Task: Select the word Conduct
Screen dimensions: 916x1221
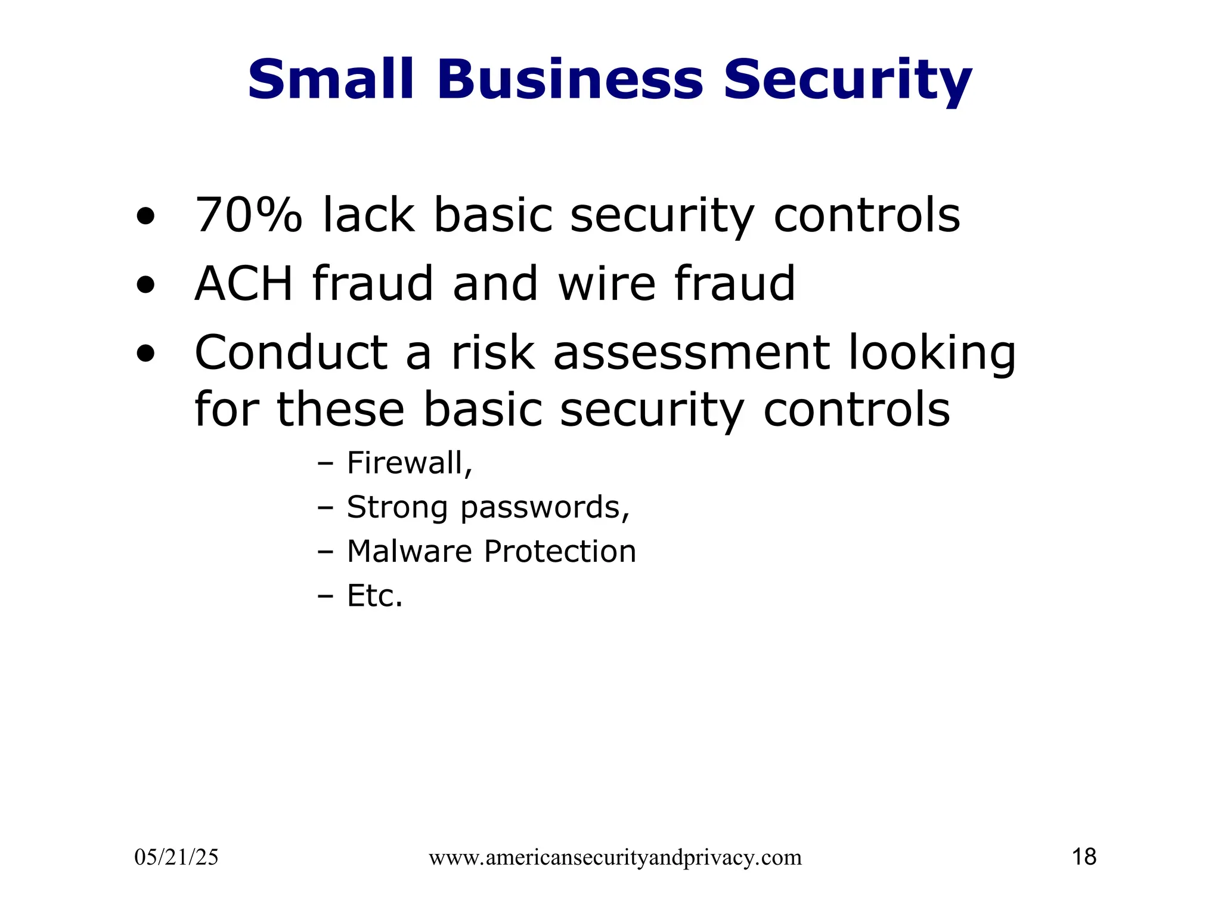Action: [291, 352]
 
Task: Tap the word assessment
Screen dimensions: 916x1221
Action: [691, 352]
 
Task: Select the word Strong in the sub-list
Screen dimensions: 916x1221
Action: [397, 508]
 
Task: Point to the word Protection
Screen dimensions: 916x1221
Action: [560, 551]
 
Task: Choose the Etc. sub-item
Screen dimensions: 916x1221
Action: [375, 595]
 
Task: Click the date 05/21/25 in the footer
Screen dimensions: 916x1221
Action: [176, 858]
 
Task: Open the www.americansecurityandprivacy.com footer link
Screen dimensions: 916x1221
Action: [615, 858]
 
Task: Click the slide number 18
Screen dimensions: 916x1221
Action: [1084, 857]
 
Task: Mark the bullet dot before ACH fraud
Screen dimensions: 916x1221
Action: [145, 285]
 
